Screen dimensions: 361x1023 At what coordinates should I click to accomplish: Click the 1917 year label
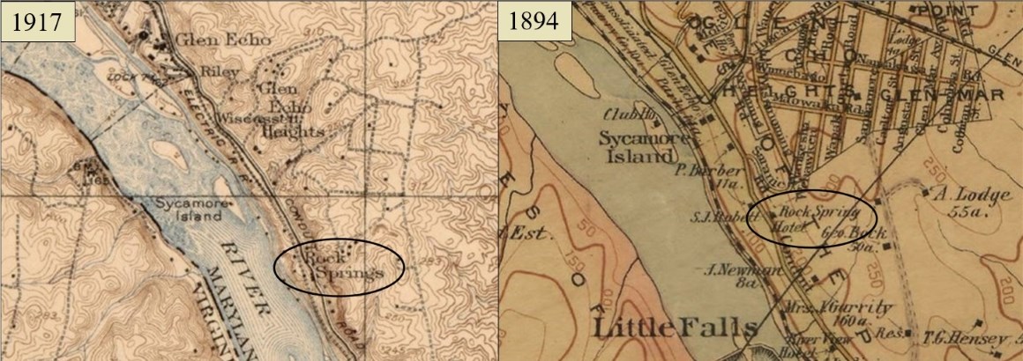38,21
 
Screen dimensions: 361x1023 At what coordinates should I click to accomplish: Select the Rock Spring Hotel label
810,217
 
